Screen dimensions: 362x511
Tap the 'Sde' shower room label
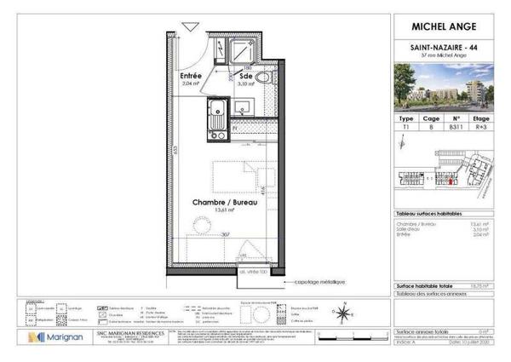[x=245, y=75]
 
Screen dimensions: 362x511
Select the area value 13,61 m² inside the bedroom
[x=202, y=212]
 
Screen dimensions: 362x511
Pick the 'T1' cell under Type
[x=405, y=125]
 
